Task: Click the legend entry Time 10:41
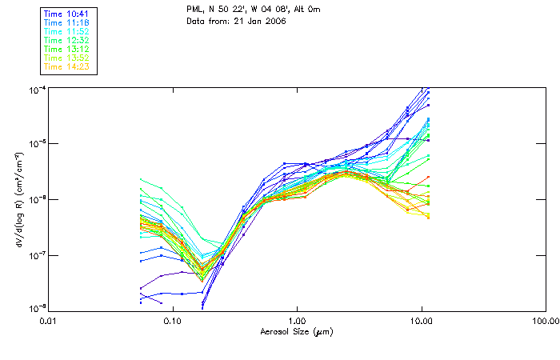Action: (66, 13)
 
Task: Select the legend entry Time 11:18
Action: (66, 22)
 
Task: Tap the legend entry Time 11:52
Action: (66, 30)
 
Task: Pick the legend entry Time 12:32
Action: (66, 39)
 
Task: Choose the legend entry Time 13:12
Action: (66, 48)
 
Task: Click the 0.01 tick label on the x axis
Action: (48, 320)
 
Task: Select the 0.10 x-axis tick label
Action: (172, 320)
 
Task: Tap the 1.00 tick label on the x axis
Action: (297, 320)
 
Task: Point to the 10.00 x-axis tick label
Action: (422, 320)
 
